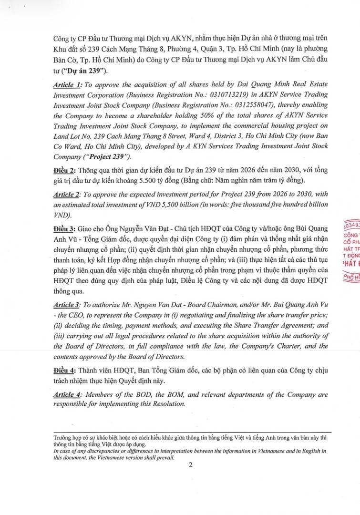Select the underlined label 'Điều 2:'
click(65, 170)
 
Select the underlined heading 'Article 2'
click(67, 194)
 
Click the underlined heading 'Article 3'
click(67, 304)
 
